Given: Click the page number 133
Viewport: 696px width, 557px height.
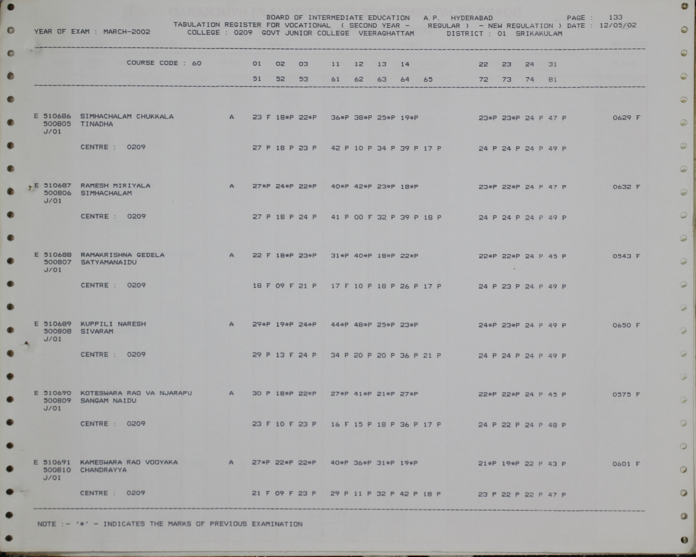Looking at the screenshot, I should click(616, 17).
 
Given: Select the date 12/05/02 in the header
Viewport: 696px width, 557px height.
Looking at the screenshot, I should click(618, 26).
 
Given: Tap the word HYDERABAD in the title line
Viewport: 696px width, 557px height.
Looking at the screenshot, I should click(472, 18).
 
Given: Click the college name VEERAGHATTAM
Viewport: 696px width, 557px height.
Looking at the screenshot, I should click(386, 33).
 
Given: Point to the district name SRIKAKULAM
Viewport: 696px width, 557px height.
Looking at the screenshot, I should click(539, 33).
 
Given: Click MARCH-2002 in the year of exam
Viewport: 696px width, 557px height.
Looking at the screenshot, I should click(127, 32).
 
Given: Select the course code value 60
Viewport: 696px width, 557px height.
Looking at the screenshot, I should click(196, 63).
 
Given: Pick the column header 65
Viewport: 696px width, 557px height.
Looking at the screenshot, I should click(428, 80).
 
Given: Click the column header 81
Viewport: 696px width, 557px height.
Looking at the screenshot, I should click(552, 80).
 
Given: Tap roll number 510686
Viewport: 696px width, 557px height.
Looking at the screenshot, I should click(57, 116).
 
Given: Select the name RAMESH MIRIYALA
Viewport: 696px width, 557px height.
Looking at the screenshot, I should click(115, 186).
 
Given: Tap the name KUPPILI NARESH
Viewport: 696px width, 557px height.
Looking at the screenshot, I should click(113, 324).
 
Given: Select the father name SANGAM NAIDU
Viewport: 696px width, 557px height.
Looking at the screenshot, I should click(108, 401).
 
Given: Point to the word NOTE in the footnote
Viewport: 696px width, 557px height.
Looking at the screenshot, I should click(47, 524).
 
